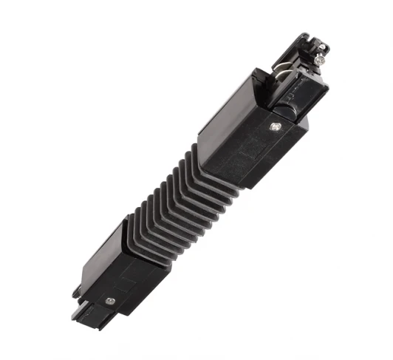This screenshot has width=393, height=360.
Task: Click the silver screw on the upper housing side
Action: click(x=276, y=127)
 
